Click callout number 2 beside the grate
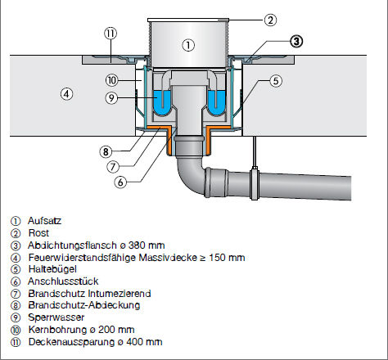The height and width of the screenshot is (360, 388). click(270, 20)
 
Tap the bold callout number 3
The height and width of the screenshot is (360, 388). click(296, 42)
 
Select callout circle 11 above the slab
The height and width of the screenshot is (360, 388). click(111, 34)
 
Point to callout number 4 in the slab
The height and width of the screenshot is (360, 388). click(66, 94)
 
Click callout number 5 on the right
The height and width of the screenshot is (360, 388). click(276, 81)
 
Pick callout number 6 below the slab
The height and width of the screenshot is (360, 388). click(120, 182)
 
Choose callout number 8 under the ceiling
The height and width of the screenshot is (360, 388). click(106, 152)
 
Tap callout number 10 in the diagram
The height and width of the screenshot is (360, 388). click(112, 80)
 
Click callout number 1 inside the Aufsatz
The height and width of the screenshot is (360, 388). click(188, 45)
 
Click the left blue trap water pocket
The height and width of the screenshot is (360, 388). click(163, 102)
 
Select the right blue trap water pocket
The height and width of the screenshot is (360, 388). click(216, 102)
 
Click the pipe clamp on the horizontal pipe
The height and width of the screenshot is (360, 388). click(255, 183)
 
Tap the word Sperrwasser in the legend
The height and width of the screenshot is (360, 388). click(56, 317)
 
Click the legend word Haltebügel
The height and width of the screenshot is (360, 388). click(52, 269)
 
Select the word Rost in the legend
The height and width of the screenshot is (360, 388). click(38, 233)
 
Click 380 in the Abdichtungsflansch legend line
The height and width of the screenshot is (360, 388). click(137, 245)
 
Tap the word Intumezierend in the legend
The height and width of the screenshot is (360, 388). click(120, 294)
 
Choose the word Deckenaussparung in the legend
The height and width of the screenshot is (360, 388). click(71, 342)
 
